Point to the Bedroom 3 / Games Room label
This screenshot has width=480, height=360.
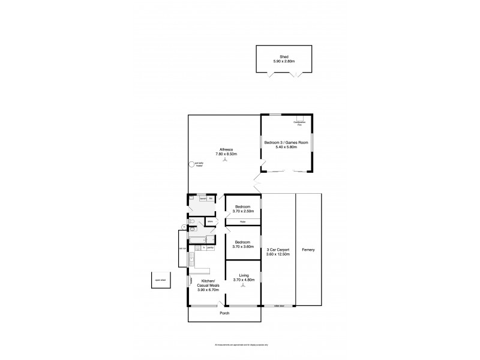(286, 143)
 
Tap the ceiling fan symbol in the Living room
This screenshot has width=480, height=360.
(244, 286)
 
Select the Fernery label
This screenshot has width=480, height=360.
(308, 250)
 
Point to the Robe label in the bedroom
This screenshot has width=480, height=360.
(242, 222)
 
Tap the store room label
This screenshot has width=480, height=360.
(211, 221)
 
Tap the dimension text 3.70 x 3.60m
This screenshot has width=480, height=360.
(244, 247)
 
